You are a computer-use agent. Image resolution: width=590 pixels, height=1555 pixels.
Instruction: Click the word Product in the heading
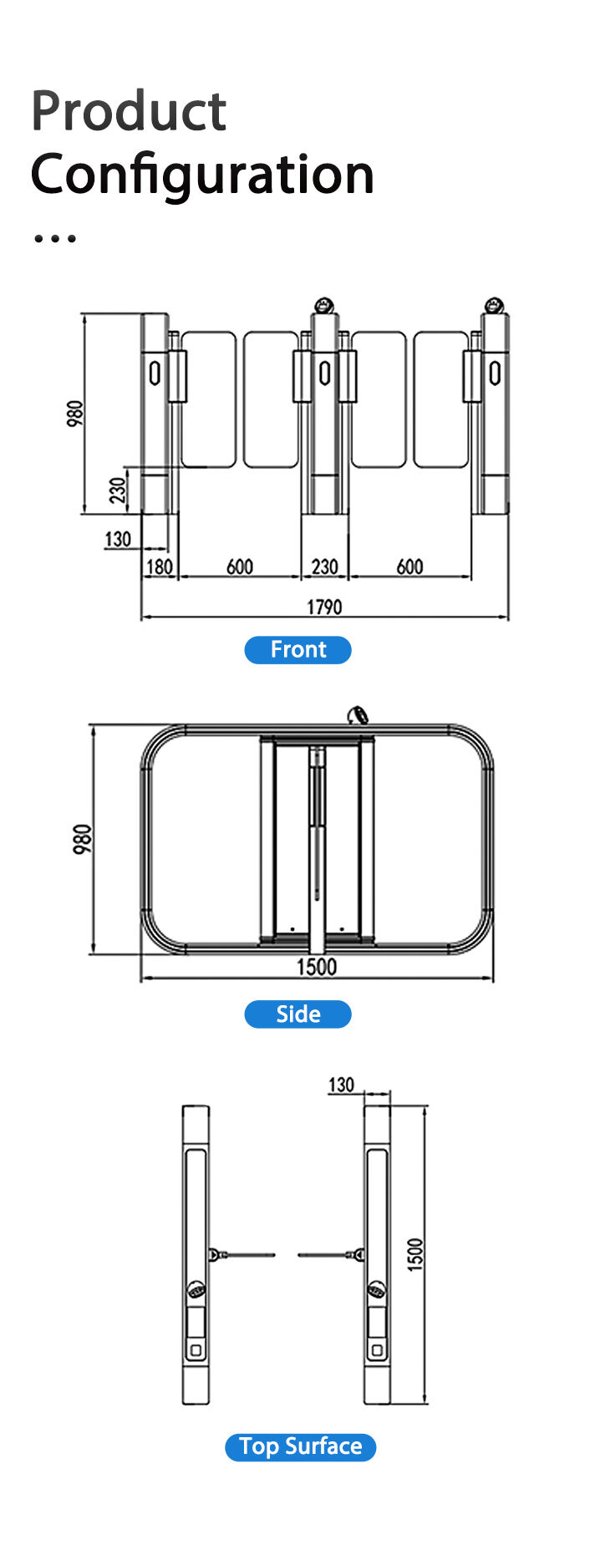(129, 111)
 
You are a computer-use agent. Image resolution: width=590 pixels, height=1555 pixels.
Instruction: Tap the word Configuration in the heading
(202, 175)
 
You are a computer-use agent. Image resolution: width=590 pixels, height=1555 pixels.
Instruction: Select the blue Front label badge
(298, 649)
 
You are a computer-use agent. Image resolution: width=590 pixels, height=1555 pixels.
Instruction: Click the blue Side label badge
(298, 1014)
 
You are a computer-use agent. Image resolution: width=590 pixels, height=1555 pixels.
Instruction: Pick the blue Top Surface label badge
(300, 1446)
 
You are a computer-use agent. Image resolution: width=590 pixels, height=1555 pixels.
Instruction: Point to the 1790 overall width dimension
(324, 607)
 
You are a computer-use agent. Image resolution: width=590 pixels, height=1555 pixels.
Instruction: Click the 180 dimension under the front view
(159, 567)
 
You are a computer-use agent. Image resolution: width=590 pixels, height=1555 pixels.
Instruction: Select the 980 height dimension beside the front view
(75, 414)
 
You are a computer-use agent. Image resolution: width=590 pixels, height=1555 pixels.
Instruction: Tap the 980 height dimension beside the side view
(82, 839)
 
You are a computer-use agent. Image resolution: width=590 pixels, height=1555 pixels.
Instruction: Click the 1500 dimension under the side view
(317, 967)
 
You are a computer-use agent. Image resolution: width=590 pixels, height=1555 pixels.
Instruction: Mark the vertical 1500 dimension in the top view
(415, 1254)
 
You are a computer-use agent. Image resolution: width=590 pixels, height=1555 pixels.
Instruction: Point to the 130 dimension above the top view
(341, 1085)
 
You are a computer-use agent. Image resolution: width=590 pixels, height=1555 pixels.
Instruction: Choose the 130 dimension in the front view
(118, 539)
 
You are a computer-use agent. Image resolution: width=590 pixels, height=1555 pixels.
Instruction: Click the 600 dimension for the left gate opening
(240, 567)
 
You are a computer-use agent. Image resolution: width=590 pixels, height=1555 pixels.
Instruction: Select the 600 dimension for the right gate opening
(409, 567)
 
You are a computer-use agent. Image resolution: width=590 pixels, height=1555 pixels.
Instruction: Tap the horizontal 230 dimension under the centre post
(324, 567)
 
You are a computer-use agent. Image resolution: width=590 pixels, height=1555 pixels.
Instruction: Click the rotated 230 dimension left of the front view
(119, 490)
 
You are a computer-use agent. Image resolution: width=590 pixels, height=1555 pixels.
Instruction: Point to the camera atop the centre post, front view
(324, 305)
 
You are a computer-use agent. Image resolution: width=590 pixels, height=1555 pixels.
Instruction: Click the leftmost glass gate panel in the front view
(208, 399)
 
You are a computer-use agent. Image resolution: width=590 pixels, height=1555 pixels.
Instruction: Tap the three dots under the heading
(54, 238)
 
